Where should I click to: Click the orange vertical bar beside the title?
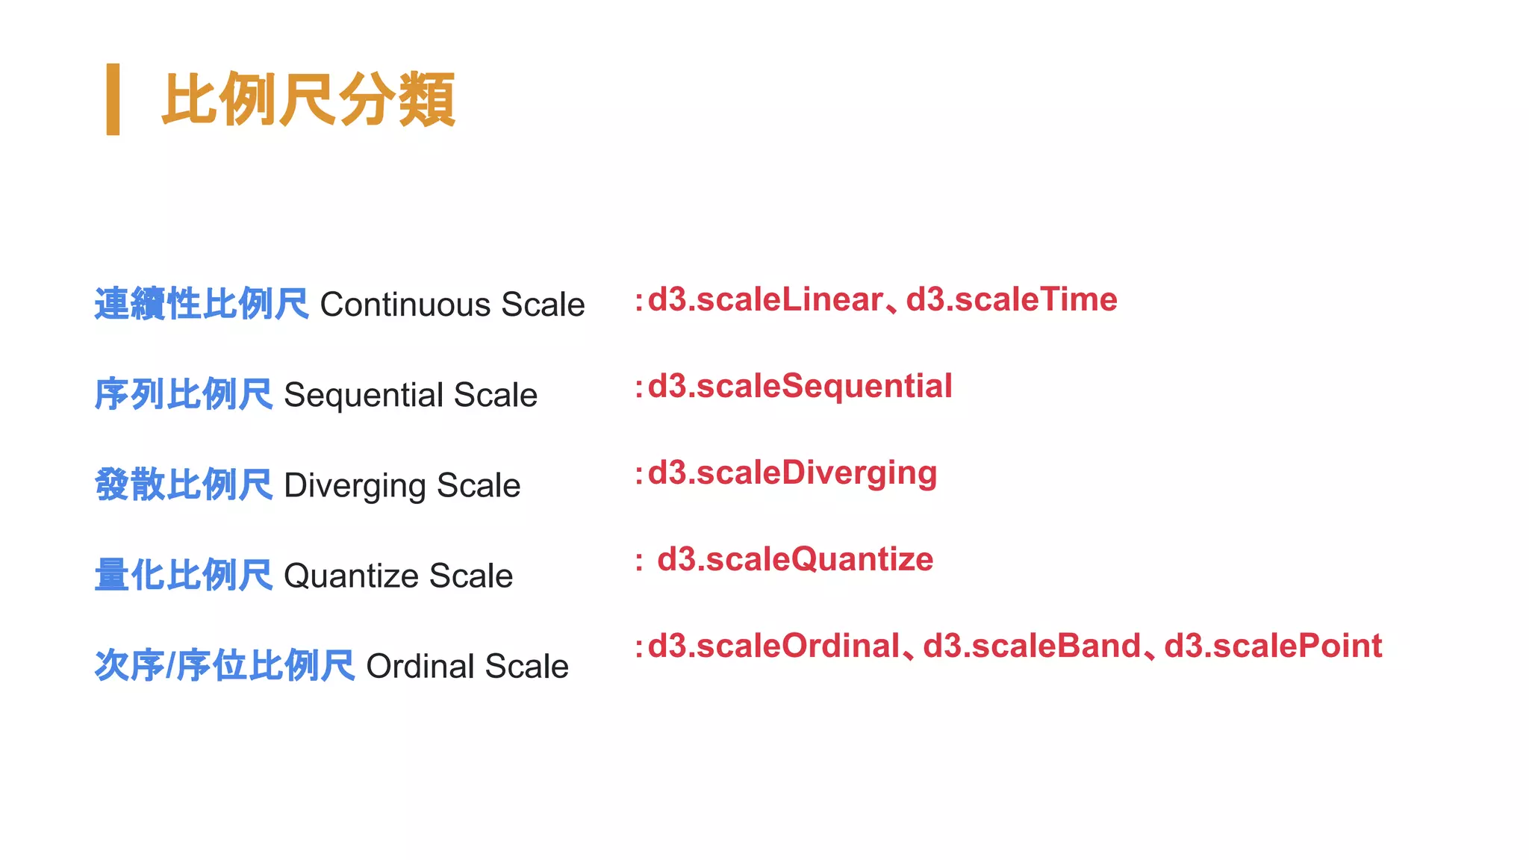click(x=113, y=99)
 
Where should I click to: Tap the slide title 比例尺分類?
click(x=308, y=100)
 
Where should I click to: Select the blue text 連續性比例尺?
click(x=202, y=305)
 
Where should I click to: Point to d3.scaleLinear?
click(x=765, y=300)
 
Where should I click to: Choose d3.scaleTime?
click(x=1012, y=300)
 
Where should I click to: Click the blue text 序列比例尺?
click(x=184, y=395)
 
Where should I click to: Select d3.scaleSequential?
click(x=800, y=387)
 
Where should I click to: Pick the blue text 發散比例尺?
click(x=184, y=485)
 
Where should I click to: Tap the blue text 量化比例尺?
click(x=184, y=576)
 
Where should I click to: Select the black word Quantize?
click(x=351, y=576)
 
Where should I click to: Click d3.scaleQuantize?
click(x=795, y=560)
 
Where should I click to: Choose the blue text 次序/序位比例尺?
click(x=225, y=666)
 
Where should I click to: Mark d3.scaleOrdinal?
click(x=774, y=646)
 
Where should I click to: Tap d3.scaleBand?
click(x=1033, y=646)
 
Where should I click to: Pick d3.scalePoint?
click(x=1273, y=646)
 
